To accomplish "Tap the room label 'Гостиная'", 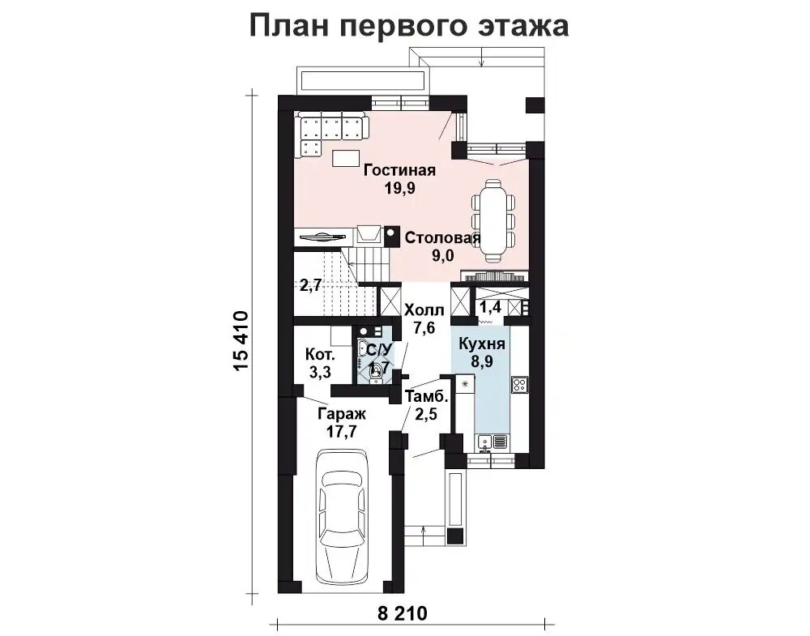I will [x=399, y=171].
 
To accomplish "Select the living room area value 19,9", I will [x=399, y=189].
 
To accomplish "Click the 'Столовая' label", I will [x=441, y=238].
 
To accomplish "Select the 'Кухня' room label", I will [x=482, y=344].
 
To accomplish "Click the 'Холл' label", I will [x=424, y=310].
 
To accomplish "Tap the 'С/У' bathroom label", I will [x=379, y=350].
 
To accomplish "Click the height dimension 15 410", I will [x=241, y=341].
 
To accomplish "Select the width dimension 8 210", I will [x=403, y=613].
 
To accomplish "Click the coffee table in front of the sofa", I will [x=347, y=156].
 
